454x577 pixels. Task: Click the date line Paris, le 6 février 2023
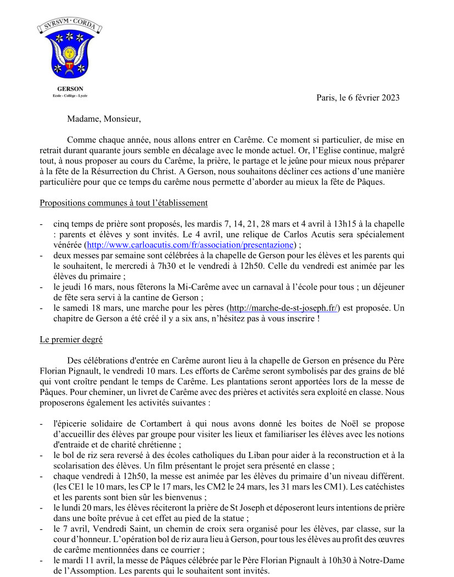click(358, 98)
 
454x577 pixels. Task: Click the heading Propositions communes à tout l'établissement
click(124, 203)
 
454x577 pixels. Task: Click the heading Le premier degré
click(71, 339)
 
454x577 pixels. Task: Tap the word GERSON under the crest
click(70, 88)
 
